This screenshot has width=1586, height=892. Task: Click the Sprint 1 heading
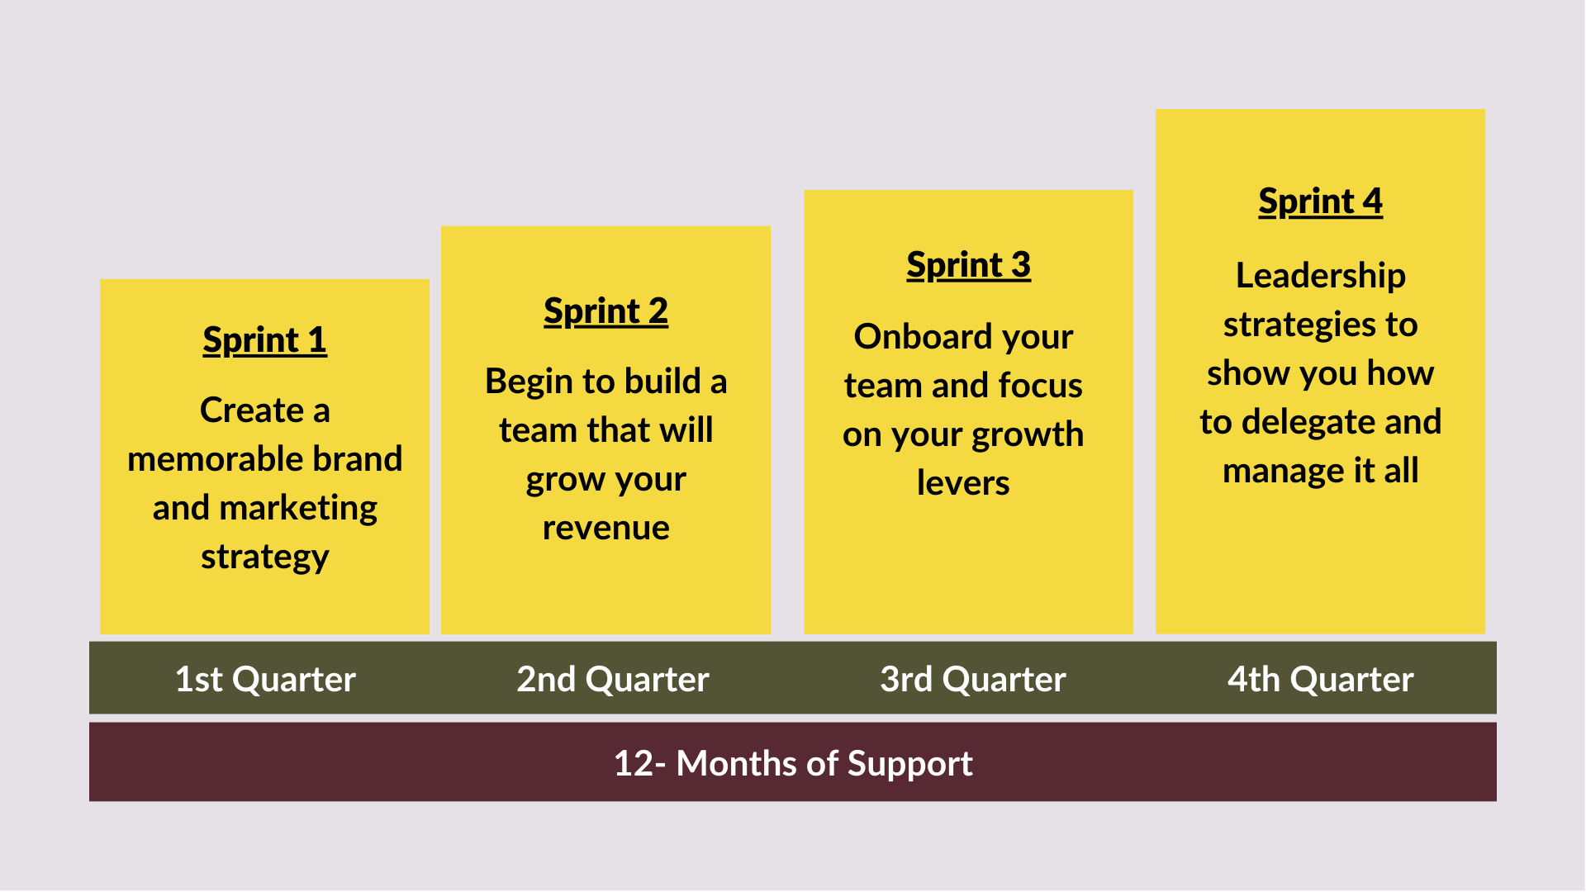(x=264, y=340)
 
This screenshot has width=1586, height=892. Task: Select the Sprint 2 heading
(x=605, y=311)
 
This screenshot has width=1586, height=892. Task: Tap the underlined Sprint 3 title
(x=968, y=265)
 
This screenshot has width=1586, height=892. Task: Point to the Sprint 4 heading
(x=1320, y=202)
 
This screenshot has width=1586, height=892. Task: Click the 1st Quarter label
(x=265, y=679)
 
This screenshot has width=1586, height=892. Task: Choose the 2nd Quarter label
(x=613, y=679)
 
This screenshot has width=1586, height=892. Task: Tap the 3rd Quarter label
(x=973, y=679)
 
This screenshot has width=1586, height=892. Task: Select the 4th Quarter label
(x=1321, y=679)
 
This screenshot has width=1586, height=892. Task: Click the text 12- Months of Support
(x=793, y=764)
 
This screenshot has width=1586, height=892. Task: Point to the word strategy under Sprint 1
(x=265, y=557)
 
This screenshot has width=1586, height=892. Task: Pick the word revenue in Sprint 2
(x=605, y=529)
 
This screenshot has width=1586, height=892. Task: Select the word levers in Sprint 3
(x=963, y=483)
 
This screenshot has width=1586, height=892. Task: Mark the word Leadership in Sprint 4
(x=1320, y=277)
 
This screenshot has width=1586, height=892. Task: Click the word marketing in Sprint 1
(x=298, y=509)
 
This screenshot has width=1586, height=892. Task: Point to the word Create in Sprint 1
(x=252, y=410)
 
